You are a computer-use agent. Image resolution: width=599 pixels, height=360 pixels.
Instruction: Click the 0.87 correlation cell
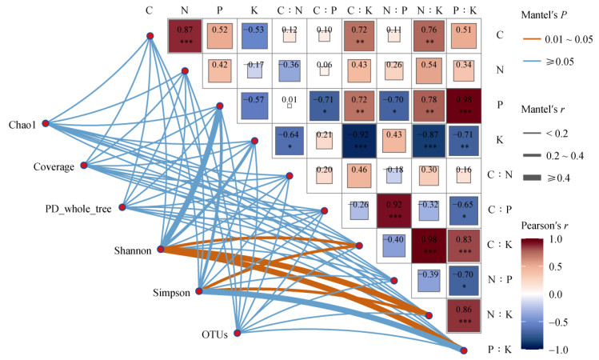pyautogui.click(x=185, y=36)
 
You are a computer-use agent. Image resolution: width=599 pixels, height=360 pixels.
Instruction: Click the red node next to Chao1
pyautogui.click(x=46, y=123)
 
